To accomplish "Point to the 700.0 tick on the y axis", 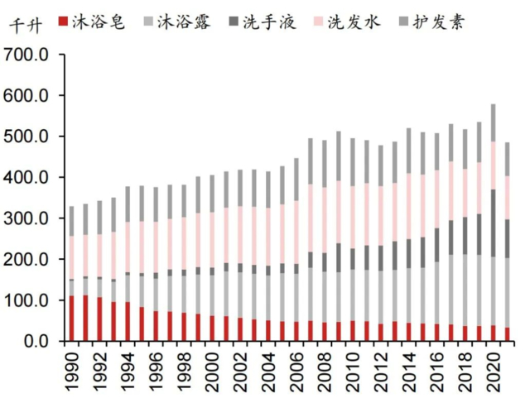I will [27, 55].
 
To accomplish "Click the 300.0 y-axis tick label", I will [27, 218].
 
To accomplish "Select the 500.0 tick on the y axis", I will [27, 137].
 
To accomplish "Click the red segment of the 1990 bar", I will [71, 319].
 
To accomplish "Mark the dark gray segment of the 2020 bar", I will [493, 223].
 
